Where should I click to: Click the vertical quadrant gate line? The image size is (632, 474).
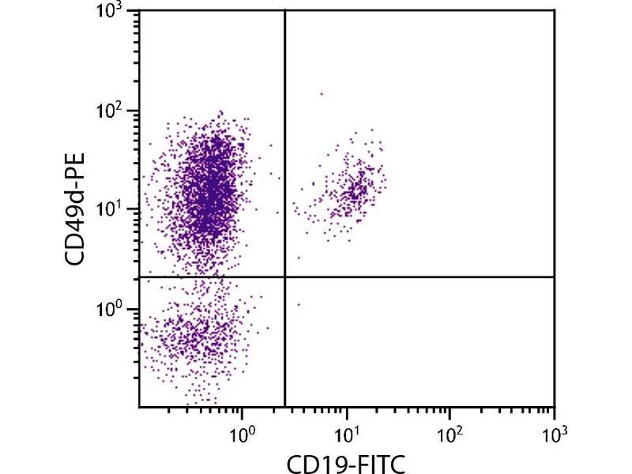tap(284, 158)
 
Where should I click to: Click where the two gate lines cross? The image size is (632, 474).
tap(284, 277)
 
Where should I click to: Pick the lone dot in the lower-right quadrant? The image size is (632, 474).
tap(299, 304)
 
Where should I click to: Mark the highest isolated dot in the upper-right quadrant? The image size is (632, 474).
tap(321, 94)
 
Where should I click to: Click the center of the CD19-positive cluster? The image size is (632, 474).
tap(354, 190)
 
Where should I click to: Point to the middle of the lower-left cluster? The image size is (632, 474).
tap(197, 336)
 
